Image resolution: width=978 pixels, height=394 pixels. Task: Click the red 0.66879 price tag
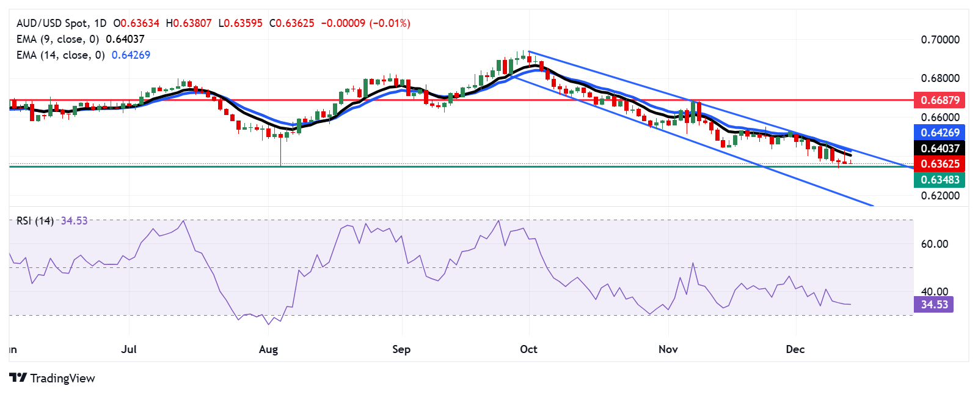point(940,100)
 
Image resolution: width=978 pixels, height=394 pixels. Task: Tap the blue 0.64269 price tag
point(940,132)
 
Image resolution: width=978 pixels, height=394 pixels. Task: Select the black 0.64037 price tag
point(940,148)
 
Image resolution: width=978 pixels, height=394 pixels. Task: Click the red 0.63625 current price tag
point(940,164)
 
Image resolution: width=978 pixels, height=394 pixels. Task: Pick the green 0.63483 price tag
point(940,180)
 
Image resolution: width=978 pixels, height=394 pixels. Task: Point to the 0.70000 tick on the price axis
point(940,40)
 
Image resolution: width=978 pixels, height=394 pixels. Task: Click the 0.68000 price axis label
point(940,78)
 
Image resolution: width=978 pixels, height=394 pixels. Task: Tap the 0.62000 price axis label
point(940,196)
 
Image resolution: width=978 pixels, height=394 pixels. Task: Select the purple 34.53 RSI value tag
point(934,305)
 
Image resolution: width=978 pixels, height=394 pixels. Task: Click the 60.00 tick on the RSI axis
point(934,244)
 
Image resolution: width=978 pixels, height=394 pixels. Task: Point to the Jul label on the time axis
point(129,349)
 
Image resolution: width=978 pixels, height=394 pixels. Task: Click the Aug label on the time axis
point(268,349)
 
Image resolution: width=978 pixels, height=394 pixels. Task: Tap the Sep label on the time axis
point(401,349)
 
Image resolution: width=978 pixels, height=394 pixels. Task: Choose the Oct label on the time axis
point(528,349)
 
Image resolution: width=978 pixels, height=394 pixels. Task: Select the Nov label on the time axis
point(668,349)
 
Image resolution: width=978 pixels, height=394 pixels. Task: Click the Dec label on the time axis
point(795,349)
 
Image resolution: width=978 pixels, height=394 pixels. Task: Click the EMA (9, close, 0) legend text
point(57,39)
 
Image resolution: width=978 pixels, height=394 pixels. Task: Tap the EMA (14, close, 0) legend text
point(60,55)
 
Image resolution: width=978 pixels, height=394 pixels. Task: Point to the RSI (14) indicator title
point(35,221)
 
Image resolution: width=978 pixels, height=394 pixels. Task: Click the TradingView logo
point(53,378)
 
